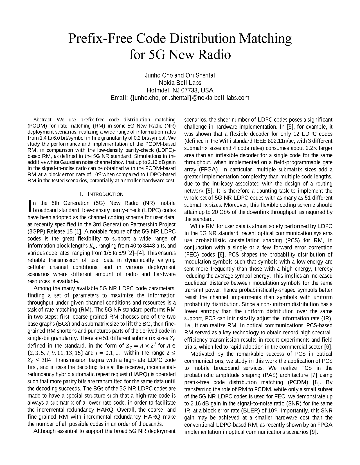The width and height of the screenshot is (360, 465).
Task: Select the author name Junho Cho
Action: [x=159, y=75]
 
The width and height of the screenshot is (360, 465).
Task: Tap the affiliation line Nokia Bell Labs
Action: [x=180, y=83]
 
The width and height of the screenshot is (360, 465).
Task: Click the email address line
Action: [x=180, y=98]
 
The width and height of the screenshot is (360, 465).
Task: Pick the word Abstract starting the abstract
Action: [x=42, y=120]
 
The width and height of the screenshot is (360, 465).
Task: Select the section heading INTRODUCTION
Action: [x=106, y=194]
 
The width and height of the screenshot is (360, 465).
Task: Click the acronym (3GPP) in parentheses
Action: [x=36, y=232]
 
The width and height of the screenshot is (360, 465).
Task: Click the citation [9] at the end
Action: [x=313, y=432]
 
